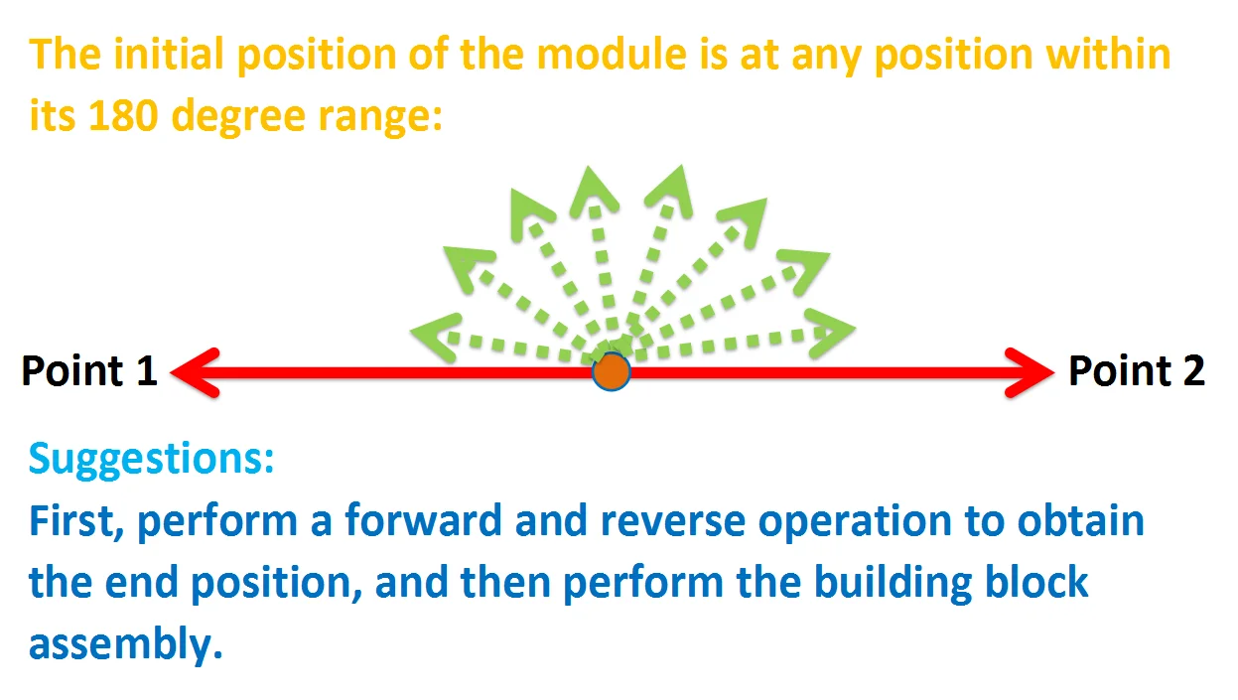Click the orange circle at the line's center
click(611, 371)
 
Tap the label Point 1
click(89, 370)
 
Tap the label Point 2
click(1137, 370)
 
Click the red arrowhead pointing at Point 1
click(196, 372)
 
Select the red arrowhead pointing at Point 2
click(1030, 372)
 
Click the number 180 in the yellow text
click(123, 115)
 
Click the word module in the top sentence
click(612, 55)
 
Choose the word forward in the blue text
click(423, 520)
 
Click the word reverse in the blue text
click(672, 522)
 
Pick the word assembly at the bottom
click(125, 644)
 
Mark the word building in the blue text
click(893, 584)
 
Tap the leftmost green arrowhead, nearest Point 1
click(437, 337)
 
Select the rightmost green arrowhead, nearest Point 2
click(830, 333)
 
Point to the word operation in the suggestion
click(855, 522)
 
